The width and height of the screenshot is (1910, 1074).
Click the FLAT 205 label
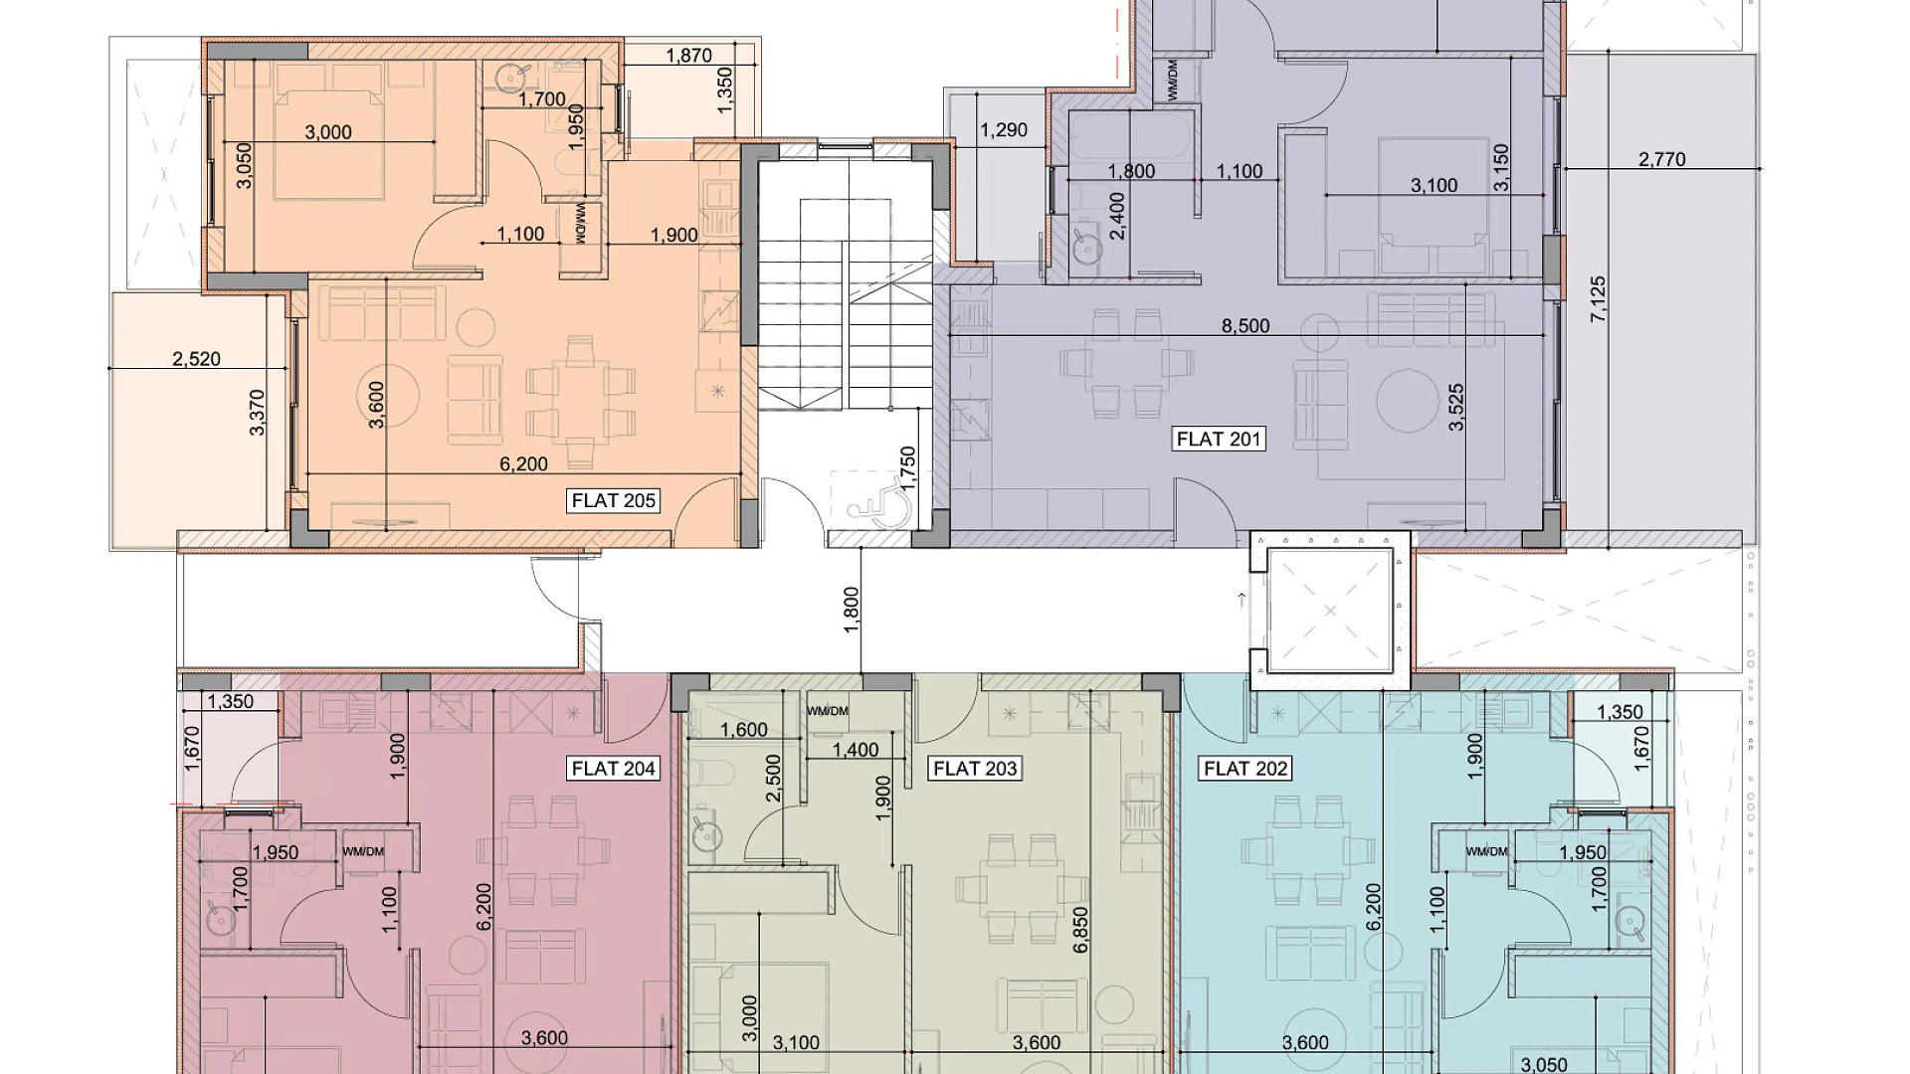click(x=613, y=500)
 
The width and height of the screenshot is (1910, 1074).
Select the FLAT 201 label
click(x=1219, y=439)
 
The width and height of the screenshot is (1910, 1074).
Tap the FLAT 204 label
click(x=613, y=769)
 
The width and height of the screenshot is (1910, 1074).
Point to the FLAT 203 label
click(x=975, y=769)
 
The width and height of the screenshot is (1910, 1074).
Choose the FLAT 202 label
click(x=1245, y=769)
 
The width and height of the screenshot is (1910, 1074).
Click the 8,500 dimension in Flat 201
click(x=1245, y=326)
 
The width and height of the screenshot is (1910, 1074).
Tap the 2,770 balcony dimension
click(x=1661, y=159)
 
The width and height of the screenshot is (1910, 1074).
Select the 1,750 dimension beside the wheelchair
click(x=907, y=470)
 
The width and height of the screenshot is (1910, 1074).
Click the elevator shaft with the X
click(x=1330, y=610)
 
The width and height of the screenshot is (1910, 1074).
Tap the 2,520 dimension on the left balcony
click(x=196, y=359)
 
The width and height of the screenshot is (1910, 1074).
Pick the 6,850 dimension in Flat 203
click(x=1081, y=930)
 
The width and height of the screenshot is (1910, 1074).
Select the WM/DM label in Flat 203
click(x=828, y=711)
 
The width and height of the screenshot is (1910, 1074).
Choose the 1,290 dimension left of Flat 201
click(x=1004, y=130)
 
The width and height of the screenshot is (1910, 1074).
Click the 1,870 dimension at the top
click(x=688, y=56)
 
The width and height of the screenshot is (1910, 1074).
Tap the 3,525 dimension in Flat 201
click(x=1457, y=407)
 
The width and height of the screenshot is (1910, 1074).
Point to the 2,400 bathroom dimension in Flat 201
click(x=1118, y=216)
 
